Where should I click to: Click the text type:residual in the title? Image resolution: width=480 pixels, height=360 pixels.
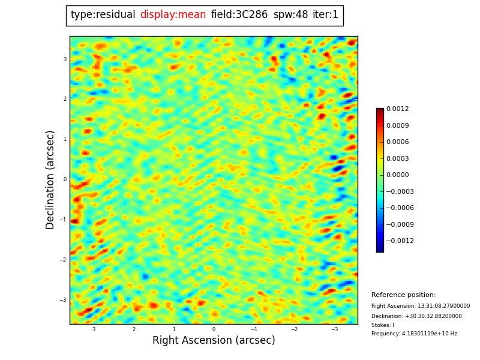[103, 15]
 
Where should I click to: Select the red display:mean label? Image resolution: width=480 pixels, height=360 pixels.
[173, 15]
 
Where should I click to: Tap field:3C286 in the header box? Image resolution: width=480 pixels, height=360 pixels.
[239, 15]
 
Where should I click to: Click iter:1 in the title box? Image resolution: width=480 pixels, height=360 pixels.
[325, 15]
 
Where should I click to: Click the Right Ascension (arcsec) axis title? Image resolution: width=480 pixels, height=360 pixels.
[214, 341]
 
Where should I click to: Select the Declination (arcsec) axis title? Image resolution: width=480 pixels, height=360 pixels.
[50, 179]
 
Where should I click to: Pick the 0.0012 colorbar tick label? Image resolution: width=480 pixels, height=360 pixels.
[397, 109]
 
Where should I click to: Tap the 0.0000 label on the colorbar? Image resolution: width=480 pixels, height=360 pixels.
[397, 175]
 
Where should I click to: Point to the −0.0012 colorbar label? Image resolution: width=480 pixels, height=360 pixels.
[395, 241]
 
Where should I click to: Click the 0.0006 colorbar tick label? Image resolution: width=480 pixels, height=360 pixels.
[397, 142]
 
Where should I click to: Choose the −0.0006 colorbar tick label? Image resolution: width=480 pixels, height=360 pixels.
[395, 208]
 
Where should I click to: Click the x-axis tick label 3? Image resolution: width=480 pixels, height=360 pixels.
[94, 329]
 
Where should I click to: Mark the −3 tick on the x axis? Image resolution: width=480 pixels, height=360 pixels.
[334, 329]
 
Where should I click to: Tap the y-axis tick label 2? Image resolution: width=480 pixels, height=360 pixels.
[65, 99]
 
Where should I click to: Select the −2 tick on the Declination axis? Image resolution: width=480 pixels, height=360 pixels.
[64, 260]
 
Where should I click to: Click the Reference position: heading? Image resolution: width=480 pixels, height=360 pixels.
[403, 295]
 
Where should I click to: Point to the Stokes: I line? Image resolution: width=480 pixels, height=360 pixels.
[383, 325]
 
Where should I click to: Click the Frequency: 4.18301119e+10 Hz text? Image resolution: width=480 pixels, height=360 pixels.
[414, 334]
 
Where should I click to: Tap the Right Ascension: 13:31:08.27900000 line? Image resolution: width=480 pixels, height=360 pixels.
[421, 306]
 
